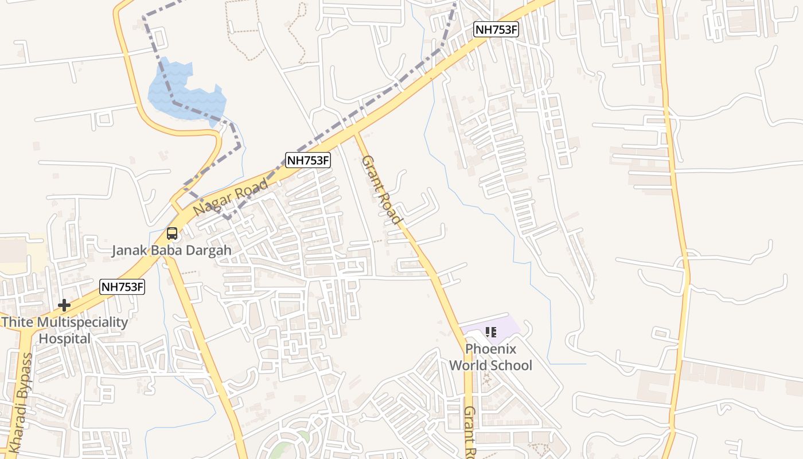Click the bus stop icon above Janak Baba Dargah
point(171,234)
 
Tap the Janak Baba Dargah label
point(171,250)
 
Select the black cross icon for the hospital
point(64,305)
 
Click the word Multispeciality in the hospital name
point(83,322)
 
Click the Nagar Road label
point(231,198)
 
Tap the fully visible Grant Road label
point(381,189)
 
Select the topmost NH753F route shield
point(496,30)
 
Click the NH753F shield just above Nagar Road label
point(308,160)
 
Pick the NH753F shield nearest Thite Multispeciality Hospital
point(122,287)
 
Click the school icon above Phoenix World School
point(490,332)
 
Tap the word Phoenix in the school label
point(490,349)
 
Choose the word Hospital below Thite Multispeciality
point(64,339)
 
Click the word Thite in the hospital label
point(17,322)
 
